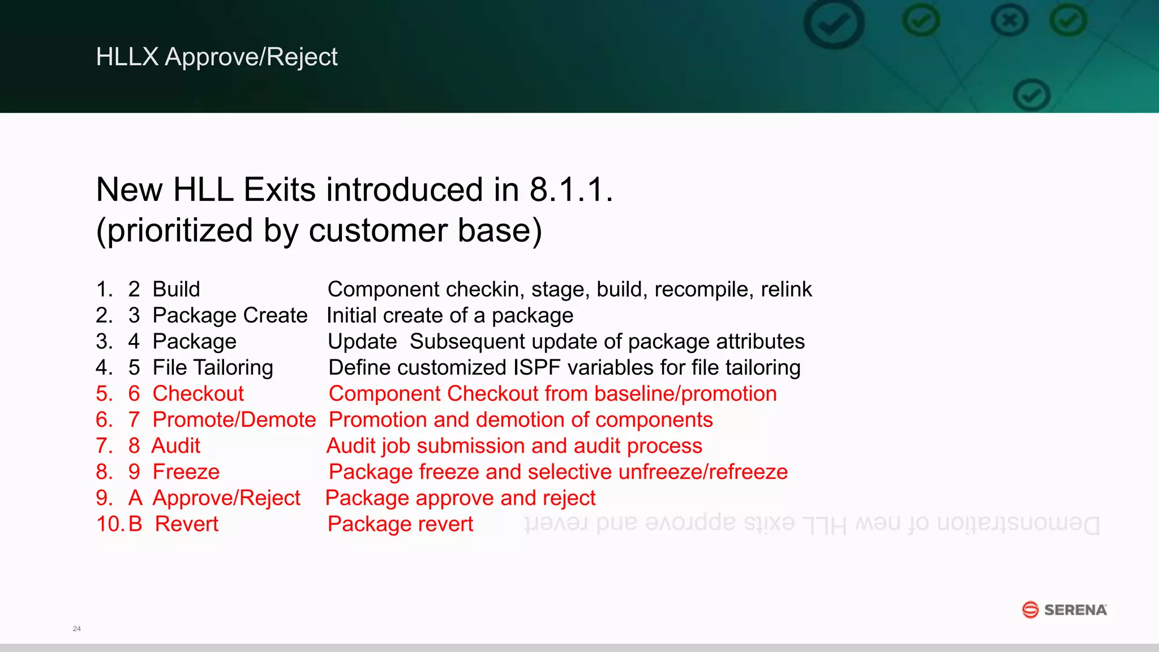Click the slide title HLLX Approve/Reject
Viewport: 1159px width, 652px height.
[217, 57]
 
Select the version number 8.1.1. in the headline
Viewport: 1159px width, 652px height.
[571, 190]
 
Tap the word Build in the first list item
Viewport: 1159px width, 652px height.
[177, 289]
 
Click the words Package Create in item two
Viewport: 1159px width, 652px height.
[230, 315]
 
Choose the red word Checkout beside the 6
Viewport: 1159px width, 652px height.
[198, 394]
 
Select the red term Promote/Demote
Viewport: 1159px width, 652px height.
[234, 420]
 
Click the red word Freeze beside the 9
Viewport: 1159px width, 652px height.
[186, 472]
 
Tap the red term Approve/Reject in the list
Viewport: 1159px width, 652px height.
[226, 498]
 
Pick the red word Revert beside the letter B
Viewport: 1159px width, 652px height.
[187, 524]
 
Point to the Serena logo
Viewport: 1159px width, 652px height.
[1064, 610]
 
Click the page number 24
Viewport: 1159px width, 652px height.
[77, 629]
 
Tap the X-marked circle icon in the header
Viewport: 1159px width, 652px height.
[1010, 22]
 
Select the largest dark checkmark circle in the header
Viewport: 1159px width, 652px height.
[834, 24]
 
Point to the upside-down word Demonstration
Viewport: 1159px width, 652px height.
[1018, 524]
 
